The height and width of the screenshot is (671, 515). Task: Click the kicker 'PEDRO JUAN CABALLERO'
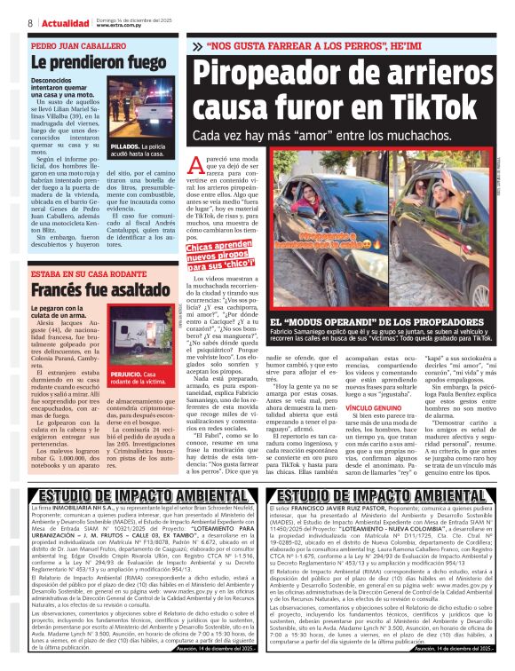[75, 43]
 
